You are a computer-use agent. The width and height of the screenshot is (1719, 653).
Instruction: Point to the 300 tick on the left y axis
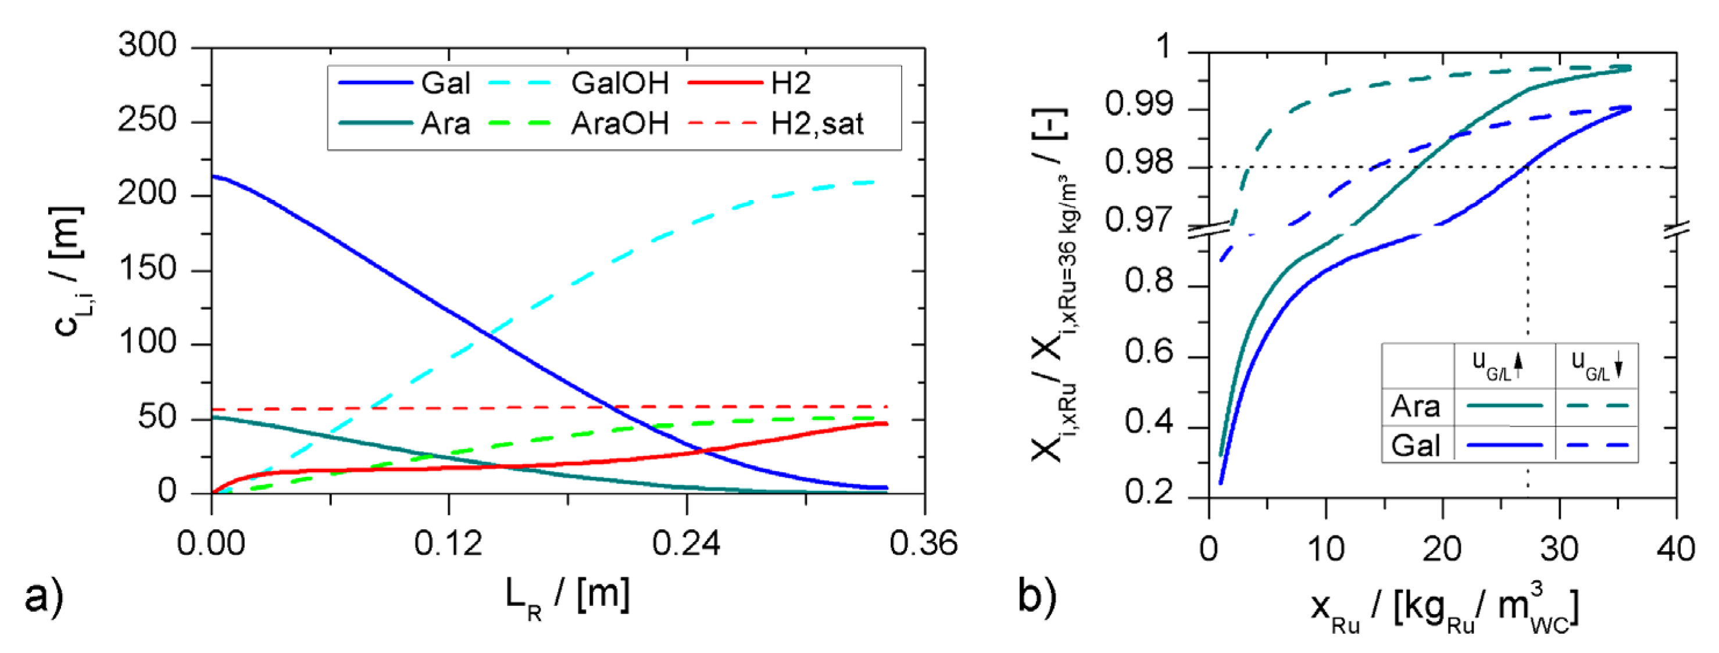147,45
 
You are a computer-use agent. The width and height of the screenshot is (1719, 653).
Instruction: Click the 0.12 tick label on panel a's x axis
448,544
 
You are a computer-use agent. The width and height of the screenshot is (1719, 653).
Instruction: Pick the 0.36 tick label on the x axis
924,544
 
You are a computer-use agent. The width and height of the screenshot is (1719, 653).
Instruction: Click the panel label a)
44,595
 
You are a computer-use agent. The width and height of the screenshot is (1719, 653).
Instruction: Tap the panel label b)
1037,595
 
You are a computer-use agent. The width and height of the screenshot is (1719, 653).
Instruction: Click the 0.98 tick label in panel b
1138,162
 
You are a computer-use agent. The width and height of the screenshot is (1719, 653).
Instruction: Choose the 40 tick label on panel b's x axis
1675,549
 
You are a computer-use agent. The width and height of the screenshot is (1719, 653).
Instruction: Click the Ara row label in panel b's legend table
1416,406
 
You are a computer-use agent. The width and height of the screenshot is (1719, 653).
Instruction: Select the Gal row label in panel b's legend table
1416,445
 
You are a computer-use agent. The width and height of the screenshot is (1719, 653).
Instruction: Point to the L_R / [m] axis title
567,595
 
